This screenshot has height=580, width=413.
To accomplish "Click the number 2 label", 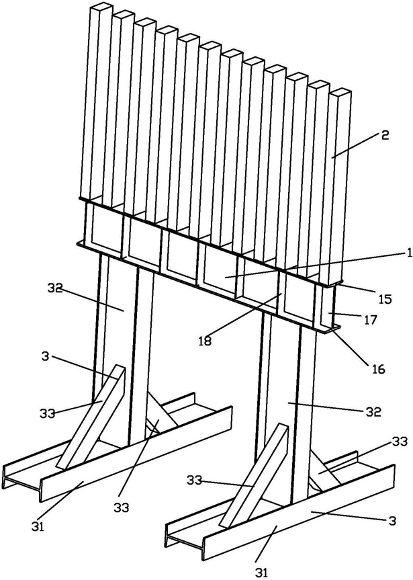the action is [385, 135].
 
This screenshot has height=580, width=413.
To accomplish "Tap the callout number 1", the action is [408, 252].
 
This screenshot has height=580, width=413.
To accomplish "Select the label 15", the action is [385, 298].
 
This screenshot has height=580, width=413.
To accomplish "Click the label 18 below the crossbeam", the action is [205, 341].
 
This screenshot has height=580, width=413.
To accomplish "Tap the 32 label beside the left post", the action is [56, 288].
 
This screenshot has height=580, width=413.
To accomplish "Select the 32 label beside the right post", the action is [373, 412].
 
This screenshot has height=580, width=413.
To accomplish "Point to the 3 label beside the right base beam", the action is [392, 521].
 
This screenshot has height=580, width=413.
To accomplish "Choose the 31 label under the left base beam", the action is [38, 537].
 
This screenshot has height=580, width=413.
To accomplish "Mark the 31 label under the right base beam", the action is [262, 572].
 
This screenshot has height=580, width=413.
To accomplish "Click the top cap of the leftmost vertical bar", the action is [101, 7].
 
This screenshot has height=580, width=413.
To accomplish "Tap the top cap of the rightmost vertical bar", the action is [340, 92].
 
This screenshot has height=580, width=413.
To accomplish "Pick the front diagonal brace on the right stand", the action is [254, 475].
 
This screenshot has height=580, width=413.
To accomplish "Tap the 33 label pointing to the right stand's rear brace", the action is [400, 442].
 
